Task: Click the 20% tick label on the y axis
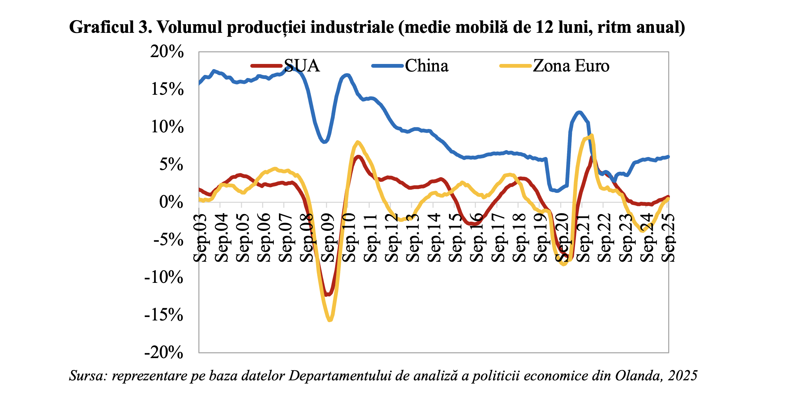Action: pyautogui.click(x=167, y=52)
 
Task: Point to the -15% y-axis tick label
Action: pyautogui.click(x=164, y=315)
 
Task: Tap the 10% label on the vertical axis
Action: pyautogui.click(x=167, y=127)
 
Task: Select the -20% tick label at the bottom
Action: pyautogui.click(x=164, y=352)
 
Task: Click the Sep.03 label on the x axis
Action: pyautogui.click(x=200, y=238)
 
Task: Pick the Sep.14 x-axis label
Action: pyautogui.click(x=434, y=238)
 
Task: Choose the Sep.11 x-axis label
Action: pyautogui.click(x=370, y=238)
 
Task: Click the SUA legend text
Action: pyautogui.click(x=302, y=66)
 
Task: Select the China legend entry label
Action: pyautogui.click(x=426, y=66)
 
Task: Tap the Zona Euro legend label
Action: pyautogui.click(x=571, y=66)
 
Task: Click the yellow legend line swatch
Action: pyautogui.click(x=516, y=66)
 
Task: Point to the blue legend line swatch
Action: pyautogui.click(x=388, y=66)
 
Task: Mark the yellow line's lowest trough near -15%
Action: pyautogui.click(x=330, y=320)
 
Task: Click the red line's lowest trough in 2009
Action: pyautogui.click(x=327, y=294)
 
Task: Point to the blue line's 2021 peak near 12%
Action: pyautogui.click(x=579, y=112)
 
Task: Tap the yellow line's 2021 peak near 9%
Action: pyautogui.click(x=591, y=135)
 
